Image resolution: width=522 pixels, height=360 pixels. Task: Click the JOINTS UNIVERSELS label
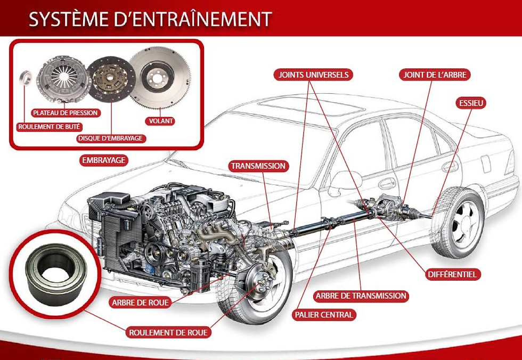tap(313, 75)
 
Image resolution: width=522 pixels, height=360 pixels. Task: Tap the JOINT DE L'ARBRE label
tap(435, 75)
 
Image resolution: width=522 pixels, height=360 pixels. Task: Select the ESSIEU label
tap(471, 103)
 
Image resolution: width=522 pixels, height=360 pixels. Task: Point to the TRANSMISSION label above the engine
tap(258, 166)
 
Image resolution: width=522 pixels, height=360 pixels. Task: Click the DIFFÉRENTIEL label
tap(453, 275)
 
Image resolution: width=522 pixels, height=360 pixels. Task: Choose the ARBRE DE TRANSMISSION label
tap(361, 296)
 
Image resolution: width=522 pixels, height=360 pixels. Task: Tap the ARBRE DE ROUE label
tap(140, 302)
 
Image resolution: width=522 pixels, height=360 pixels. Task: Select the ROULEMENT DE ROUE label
tap(168, 333)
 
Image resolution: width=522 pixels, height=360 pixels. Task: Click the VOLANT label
tap(161, 121)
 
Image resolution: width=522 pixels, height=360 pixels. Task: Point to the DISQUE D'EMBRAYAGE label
tap(110, 138)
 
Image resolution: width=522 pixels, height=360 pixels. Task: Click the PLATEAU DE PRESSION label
tap(66, 113)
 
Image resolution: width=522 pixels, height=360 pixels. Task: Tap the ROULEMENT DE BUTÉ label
tap(49, 127)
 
